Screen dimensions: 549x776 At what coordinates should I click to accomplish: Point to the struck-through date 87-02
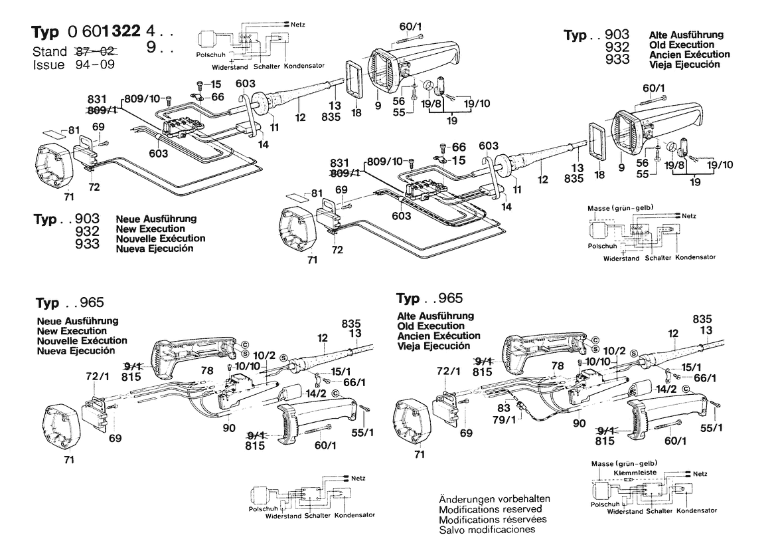click(92, 51)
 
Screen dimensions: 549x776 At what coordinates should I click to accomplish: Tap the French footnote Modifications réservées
click(493, 519)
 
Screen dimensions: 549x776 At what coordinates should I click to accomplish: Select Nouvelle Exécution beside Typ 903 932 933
click(160, 238)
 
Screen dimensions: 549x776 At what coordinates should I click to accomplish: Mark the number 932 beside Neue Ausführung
click(87, 231)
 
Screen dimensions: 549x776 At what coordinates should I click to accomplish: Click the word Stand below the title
click(50, 51)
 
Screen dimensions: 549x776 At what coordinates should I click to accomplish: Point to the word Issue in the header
click(48, 65)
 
